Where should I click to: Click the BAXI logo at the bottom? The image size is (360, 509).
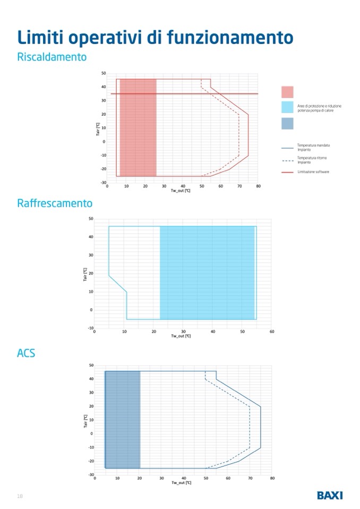click(x=330, y=495)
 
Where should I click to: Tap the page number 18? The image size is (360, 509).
click(x=20, y=496)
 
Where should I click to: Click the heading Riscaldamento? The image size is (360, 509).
click(x=52, y=57)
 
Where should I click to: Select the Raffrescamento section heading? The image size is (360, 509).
click(x=55, y=203)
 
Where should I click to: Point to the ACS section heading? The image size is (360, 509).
click(x=26, y=352)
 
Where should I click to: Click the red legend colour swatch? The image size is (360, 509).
click(x=287, y=92)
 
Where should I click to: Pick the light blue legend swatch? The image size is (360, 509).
click(x=287, y=107)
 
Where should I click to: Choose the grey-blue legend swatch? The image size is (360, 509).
click(x=287, y=123)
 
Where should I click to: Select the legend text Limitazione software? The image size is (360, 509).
click(x=313, y=171)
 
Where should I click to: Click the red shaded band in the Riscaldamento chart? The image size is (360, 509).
click(x=138, y=127)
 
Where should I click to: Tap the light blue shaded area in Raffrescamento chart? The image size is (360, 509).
click(x=207, y=273)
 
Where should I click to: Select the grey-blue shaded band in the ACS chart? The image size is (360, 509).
click(x=123, y=419)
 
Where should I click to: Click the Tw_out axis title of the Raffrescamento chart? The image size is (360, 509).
click(x=181, y=337)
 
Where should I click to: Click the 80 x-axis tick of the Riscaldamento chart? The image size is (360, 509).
click(x=258, y=186)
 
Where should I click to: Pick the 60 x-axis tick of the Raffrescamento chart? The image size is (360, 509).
click(x=272, y=332)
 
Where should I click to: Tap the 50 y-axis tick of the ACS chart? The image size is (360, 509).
click(x=91, y=365)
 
